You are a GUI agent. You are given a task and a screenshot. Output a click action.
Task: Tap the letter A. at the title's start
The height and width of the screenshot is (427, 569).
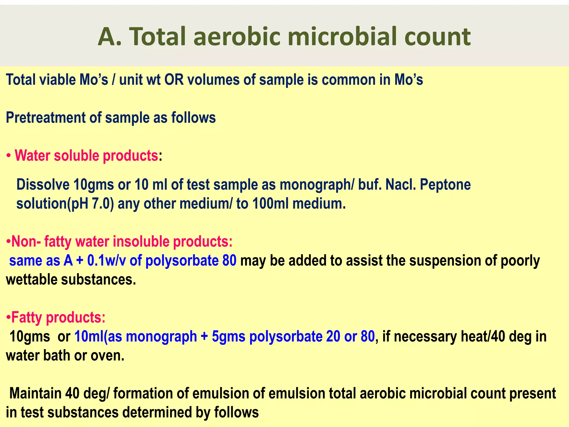click(x=110, y=37)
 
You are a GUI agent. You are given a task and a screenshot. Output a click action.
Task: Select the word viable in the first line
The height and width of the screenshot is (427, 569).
click(x=57, y=80)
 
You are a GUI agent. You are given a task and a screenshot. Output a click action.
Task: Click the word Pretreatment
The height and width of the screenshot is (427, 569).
click(x=46, y=118)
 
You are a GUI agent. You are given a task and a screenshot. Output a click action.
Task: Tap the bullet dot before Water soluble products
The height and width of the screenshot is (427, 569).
click(x=9, y=156)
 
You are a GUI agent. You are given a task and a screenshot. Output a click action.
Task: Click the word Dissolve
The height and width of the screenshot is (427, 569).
click(x=43, y=185)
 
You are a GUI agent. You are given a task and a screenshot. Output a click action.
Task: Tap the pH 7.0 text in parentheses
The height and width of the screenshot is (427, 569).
click(x=93, y=204)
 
